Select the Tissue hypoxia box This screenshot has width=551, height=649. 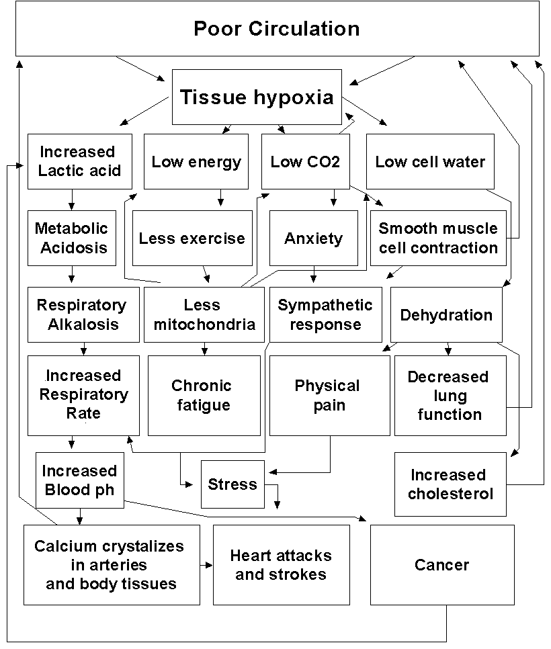click(256, 97)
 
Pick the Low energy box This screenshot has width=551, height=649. click(196, 161)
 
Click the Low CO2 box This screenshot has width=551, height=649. click(305, 161)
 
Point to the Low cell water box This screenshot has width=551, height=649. click(430, 161)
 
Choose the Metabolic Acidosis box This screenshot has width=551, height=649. click(72, 238)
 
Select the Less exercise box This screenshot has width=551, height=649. click(192, 238)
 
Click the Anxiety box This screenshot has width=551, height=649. click(313, 238)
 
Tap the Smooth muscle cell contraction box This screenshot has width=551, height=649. click(438, 238)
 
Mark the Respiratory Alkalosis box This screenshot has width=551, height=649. click(81, 314)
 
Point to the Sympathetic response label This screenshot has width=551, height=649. click(325, 314)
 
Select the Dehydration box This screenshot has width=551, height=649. click(446, 314)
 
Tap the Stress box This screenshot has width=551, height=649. click(232, 484)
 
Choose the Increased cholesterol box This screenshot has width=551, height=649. click(450, 484)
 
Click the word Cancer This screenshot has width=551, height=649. click(441, 565)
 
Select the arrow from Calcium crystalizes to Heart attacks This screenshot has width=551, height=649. click(206, 565)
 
